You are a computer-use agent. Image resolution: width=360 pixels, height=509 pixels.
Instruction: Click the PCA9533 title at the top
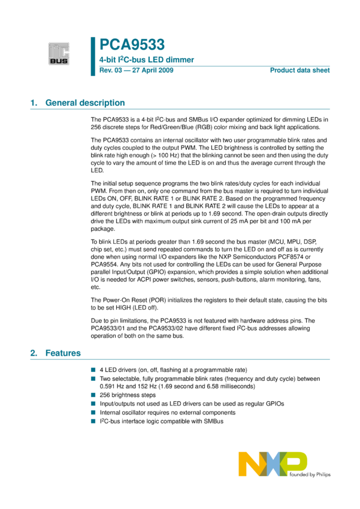(x=132, y=44)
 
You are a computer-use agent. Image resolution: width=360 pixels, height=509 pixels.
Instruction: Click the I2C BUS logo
(x=59, y=53)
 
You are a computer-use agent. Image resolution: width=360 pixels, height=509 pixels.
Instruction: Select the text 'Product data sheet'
(x=300, y=71)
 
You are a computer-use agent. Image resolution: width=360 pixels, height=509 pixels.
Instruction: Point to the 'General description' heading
(x=85, y=103)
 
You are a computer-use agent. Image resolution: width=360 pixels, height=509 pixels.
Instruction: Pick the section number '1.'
(x=34, y=103)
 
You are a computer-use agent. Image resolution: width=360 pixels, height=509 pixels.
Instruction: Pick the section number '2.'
(x=34, y=353)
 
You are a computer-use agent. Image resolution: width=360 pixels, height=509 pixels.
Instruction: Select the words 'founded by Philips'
(x=310, y=474)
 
